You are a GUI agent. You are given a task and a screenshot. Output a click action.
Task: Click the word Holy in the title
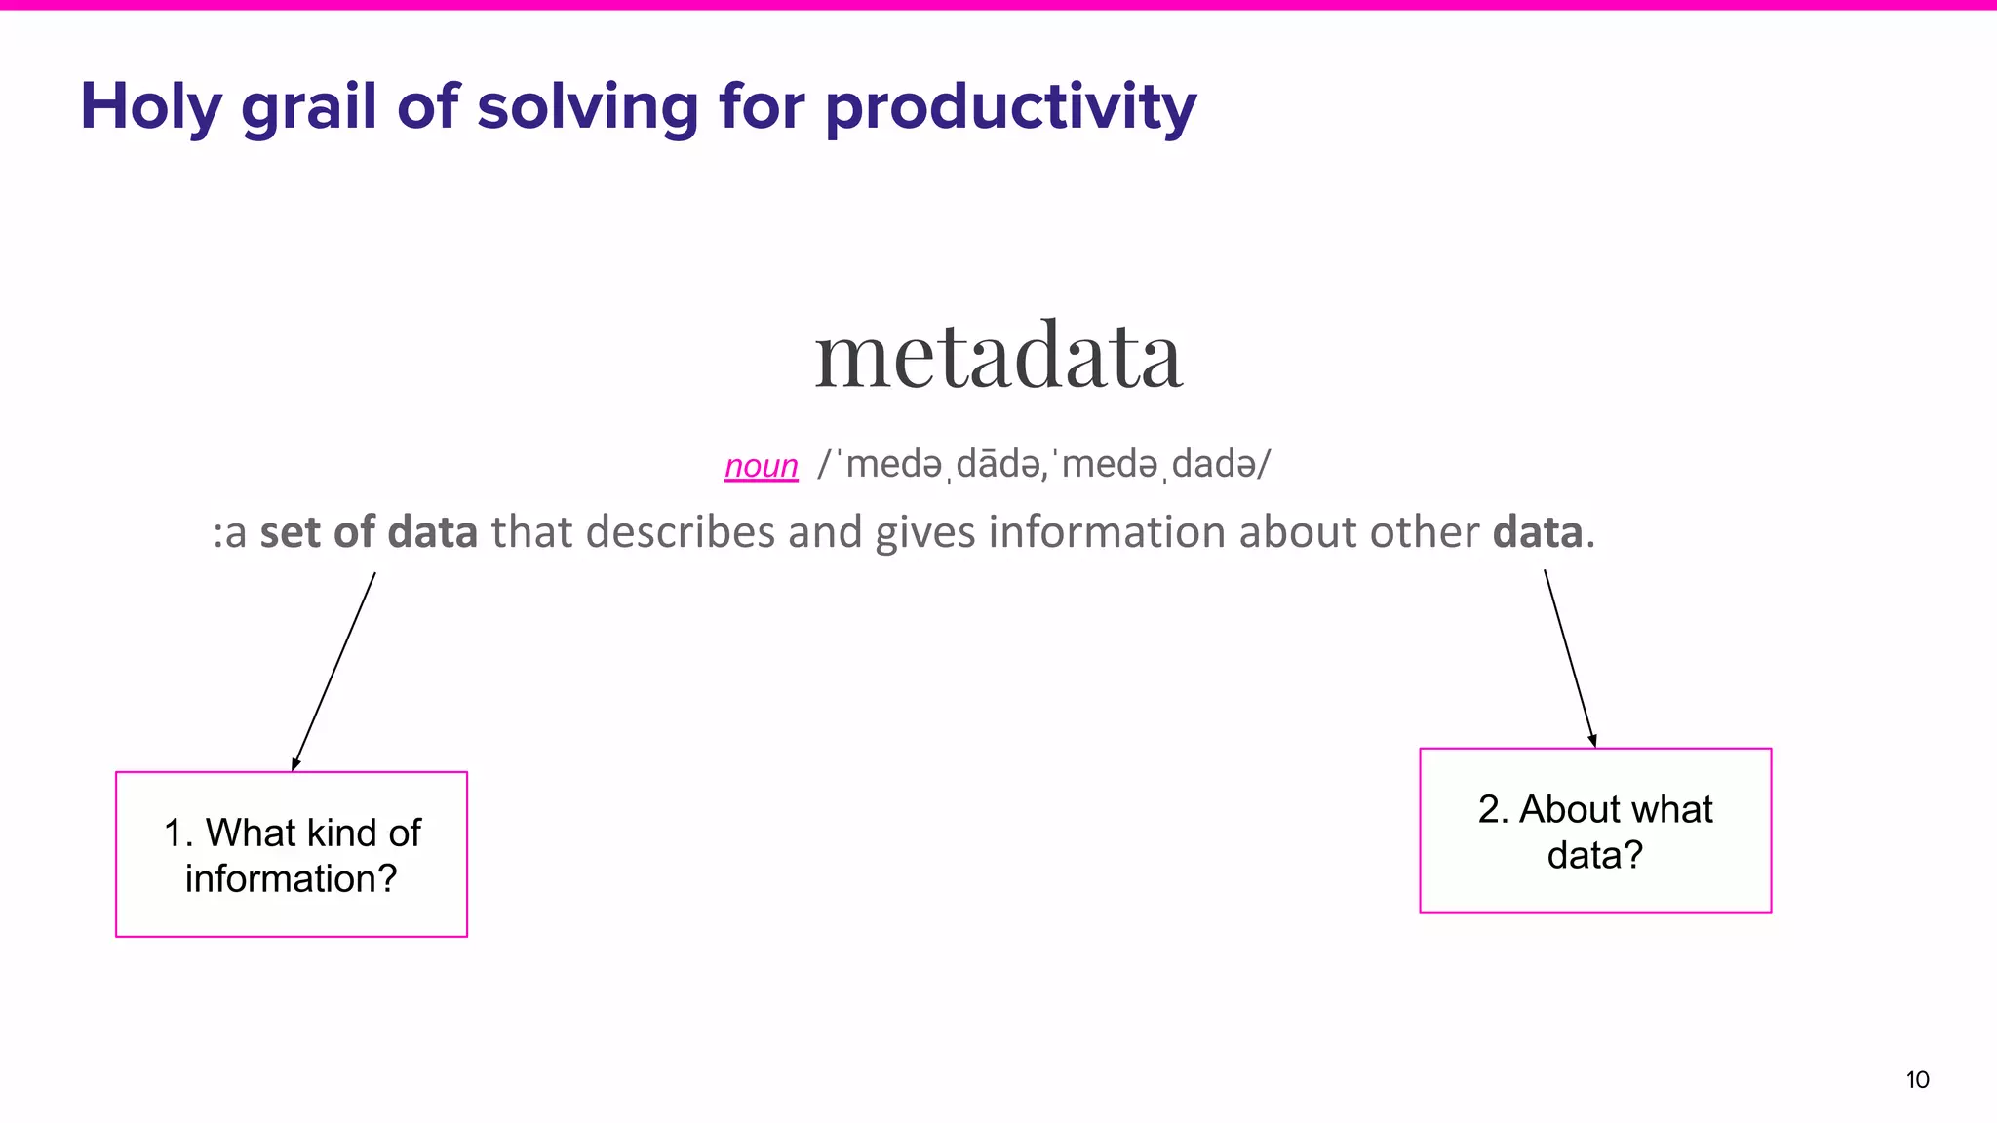click(151, 107)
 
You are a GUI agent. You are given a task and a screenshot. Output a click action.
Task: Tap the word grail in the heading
click(308, 107)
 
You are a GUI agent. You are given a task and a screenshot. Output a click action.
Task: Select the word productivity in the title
click(1010, 107)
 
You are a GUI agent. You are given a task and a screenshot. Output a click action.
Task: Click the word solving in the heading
click(587, 107)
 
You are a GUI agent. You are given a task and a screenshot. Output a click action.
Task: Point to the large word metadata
click(998, 357)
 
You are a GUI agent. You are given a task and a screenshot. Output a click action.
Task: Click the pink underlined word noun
click(762, 466)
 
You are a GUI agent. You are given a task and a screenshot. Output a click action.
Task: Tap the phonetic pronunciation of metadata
click(1043, 465)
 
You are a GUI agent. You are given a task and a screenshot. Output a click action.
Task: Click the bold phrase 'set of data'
click(369, 532)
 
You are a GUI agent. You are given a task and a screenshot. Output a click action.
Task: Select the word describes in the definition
click(681, 532)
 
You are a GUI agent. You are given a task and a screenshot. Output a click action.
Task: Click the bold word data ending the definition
click(1538, 532)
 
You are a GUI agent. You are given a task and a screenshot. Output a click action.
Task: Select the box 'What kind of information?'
click(292, 854)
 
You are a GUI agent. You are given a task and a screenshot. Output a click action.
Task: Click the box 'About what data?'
click(1595, 831)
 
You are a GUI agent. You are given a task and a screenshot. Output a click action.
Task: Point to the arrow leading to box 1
click(333, 672)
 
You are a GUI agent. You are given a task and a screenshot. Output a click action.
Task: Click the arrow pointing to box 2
click(1570, 659)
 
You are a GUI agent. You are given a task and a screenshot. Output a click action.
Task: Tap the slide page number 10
click(1917, 1079)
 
